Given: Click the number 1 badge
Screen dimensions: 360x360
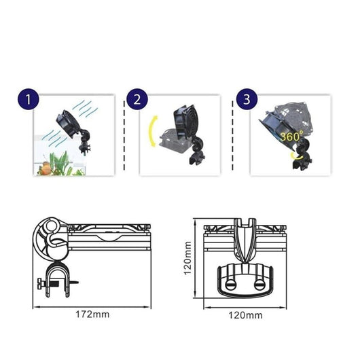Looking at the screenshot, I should tap(28, 101).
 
